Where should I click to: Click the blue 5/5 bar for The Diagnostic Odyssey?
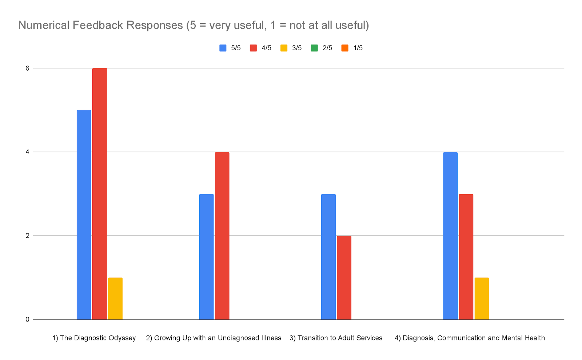pyautogui.click(x=84, y=215)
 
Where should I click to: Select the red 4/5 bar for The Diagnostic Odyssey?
pyautogui.click(x=99, y=194)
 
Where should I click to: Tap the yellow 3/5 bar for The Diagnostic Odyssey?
pyautogui.click(x=115, y=299)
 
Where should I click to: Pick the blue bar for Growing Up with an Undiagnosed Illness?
pyautogui.click(x=206, y=257)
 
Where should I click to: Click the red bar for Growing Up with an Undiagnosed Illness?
pyautogui.click(x=222, y=236)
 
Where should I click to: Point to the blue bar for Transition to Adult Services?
pyautogui.click(x=328, y=257)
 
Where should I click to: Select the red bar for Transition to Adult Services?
pyautogui.click(x=344, y=277)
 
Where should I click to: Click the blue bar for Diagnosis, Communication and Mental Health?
pyautogui.click(x=450, y=236)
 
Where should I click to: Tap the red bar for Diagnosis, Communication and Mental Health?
pyautogui.click(x=466, y=257)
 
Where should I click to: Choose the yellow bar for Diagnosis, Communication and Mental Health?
pyautogui.click(x=482, y=299)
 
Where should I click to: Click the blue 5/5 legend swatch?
pyautogui.click(x=223, y=48)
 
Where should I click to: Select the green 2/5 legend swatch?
pyautogui.click(x=314, y=48)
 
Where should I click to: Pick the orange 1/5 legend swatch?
pyautogui.click(x=345, y=48)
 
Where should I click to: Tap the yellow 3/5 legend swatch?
pyautogui.click(x=284, y=48)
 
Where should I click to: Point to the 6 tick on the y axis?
pyautogui.click(x=27, y=68)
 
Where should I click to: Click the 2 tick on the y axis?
pyautogui.click(x=27, y=235)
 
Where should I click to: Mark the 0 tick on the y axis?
pyautogui.click(x=27, y=319)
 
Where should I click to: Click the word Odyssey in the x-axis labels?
pyautogui.click(x=123, y=338)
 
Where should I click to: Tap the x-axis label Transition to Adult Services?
pyautogui.click(x=336, y=338)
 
